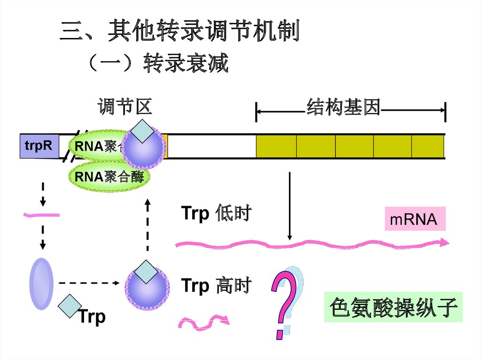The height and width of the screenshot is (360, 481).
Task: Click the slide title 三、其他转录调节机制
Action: coord(180,32)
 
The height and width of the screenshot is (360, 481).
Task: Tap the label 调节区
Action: coord(125,107)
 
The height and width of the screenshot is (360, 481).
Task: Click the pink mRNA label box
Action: coord(415,219)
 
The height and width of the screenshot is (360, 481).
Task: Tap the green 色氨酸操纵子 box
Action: coord(393,307)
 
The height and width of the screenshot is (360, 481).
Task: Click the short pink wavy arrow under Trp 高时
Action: coord(203,322)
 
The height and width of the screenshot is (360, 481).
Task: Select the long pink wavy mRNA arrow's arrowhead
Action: coord(443,242)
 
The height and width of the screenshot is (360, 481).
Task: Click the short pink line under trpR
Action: coord(42,215)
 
